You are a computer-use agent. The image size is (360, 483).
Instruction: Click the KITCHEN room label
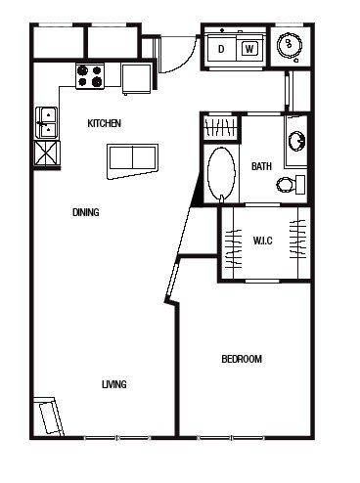tap(105, 123)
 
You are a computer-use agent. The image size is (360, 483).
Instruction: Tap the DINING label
tap(86, 212)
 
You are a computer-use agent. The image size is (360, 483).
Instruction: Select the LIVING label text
tap(114, 384)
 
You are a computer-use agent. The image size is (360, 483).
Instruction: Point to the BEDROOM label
tap(242, 359)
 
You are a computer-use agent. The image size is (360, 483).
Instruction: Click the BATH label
tap(261, 166)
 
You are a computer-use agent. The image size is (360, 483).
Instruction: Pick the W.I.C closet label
tap(262, 241)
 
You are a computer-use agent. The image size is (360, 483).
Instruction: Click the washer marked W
tap(249, 49)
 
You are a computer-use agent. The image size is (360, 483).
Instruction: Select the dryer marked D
tap(222, 49)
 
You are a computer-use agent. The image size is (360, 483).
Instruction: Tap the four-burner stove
tap(90, 76)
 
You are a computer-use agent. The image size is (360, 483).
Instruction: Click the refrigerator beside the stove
tap(137, 78)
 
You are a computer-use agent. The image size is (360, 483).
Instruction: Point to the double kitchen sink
tap(47, 123)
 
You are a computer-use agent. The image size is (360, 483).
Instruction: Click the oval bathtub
tap(221, 174)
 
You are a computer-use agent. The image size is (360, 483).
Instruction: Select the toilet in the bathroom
tap(291, 185)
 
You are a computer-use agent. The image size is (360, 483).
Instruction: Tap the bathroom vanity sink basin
tap(296, 141)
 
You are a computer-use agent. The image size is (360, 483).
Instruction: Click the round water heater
tap(289, 45)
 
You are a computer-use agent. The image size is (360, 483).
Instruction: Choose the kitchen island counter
tap(133, 161)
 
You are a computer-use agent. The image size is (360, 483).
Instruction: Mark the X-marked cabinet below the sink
tap(47, 154)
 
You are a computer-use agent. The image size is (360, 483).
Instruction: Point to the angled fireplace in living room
tap(49, 417)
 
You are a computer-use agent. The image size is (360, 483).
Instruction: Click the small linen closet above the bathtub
tap(220, 127)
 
